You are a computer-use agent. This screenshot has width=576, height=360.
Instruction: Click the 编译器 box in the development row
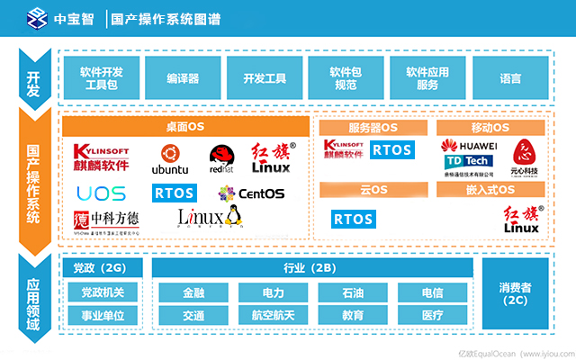pos(183,78)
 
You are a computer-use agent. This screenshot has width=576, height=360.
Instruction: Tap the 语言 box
pos(510,78)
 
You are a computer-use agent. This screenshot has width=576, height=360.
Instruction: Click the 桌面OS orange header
pos(185,128)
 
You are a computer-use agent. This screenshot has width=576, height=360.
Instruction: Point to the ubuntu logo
pos(169,159)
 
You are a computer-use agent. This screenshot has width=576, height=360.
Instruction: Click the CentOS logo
pos(251,193)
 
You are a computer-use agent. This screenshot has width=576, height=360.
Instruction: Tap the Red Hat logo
pos(221,159)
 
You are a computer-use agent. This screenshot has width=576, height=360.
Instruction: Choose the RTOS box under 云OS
pos(353,219)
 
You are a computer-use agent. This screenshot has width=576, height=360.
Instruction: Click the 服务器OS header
pos(373,128)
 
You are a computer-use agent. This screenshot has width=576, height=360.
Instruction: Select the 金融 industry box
pos(193,293)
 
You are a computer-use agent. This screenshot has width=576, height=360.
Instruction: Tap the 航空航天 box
pos(274,316)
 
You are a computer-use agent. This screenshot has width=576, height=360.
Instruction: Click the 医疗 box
pos(432,316)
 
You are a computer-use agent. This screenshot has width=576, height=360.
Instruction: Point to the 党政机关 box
pos(103,293)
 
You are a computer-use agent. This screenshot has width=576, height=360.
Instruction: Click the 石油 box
pos(353,293)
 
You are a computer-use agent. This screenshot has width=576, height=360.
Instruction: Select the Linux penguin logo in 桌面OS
pos(211,217)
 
